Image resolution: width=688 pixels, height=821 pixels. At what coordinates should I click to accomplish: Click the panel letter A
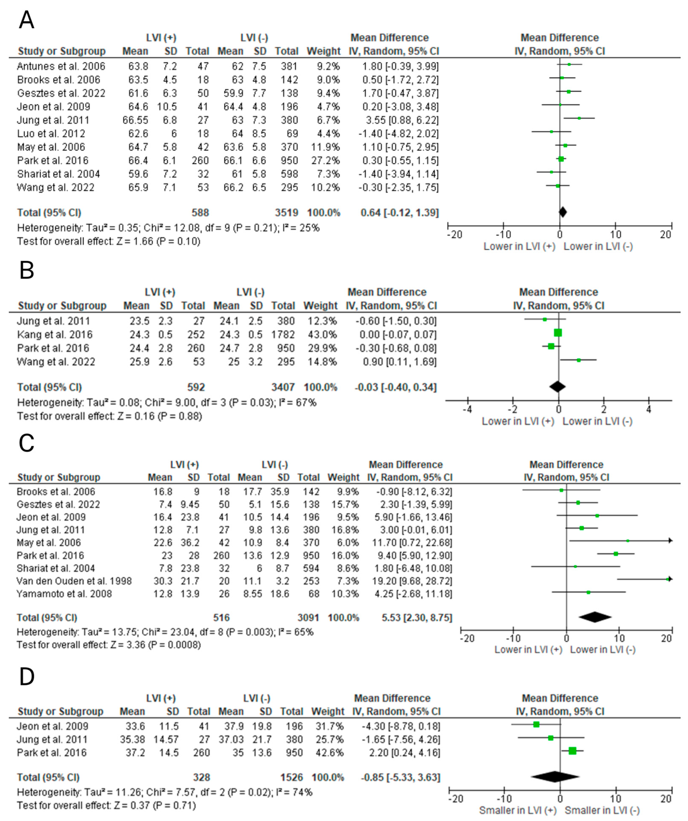point(26,20)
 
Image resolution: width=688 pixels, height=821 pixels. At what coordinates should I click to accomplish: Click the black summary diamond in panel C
point(595,617)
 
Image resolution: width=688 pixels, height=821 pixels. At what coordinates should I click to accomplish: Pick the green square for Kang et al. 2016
point(558,333)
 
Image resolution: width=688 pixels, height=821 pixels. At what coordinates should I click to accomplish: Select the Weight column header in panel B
point(320,305)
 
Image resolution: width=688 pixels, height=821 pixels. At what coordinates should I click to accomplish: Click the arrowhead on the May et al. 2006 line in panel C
point(670,541)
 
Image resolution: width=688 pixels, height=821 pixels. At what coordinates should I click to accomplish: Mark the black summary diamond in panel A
point(563,212)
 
